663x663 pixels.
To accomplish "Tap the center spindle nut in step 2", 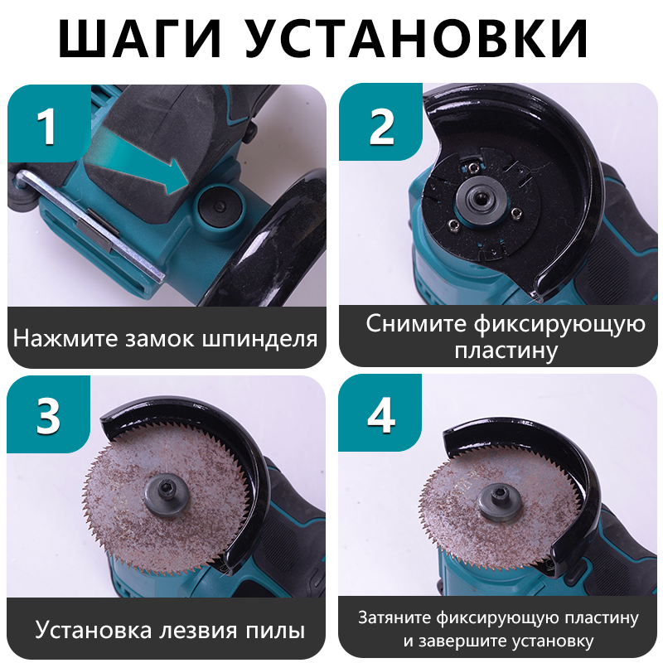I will click(x=480, y=199).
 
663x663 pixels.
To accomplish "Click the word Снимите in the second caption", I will click(x=415, y=322).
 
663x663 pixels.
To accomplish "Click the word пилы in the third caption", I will click(x=277, y=630).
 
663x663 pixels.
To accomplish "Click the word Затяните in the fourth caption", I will click(x=390, y=618).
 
